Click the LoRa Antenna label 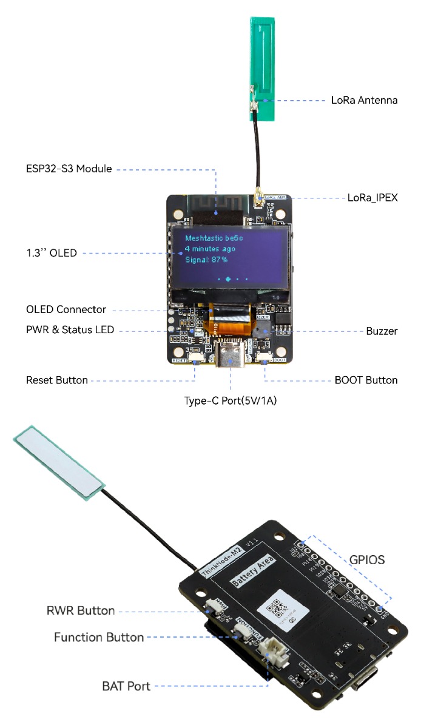tap(364, 100)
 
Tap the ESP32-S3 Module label tap(69, 169)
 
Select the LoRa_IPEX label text tap(372, 197)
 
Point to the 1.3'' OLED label tap(52, 252)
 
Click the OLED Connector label tap(66, 309)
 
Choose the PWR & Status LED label tap(70, 330)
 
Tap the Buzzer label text tap(382, 331)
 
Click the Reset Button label tap(56, 380)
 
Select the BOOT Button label tap(366, 380)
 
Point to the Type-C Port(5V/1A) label tap(231, 401)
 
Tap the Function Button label tap(99, 637)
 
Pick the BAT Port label tap(126, 687)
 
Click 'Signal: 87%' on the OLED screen tap(207, 260)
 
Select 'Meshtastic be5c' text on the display tap(216, 238)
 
